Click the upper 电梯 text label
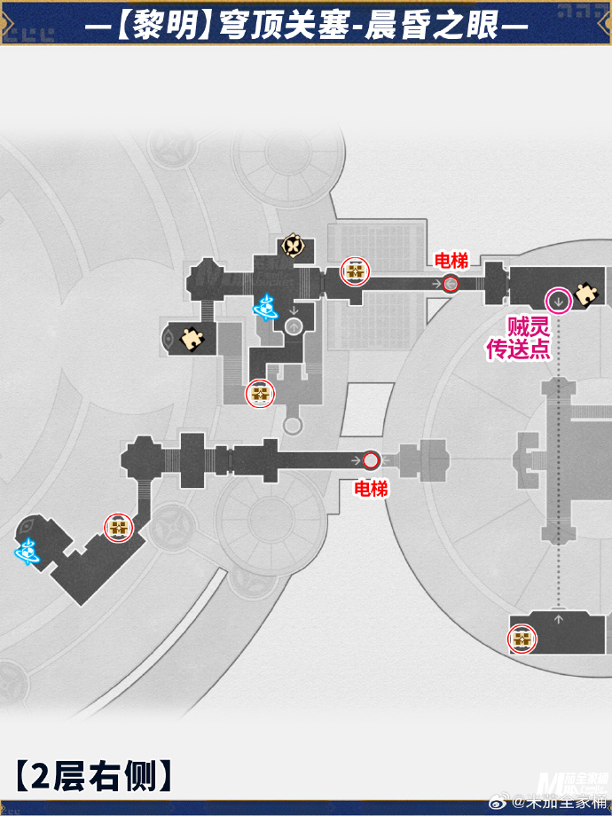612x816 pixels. [451, 261]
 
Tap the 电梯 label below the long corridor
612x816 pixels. [371, 489]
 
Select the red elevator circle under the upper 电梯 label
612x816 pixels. [451, 284]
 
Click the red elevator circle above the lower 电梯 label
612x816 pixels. [371, 460]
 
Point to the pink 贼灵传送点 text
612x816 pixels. [518, 337]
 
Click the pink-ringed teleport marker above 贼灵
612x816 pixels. [559, 297]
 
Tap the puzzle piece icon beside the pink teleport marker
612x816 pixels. [585, 294]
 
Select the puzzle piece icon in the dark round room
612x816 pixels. [191, 337]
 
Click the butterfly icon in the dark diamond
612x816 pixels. [293, 245]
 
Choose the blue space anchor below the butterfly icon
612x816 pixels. [265, 307]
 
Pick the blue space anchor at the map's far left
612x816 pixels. [27, 552]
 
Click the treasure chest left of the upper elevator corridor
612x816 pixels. [356, 271]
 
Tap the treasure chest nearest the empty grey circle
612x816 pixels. [260, 392]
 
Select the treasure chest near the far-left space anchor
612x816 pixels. [118, 528]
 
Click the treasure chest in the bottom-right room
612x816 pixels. [522, 639]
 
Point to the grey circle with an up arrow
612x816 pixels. [294, 326]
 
